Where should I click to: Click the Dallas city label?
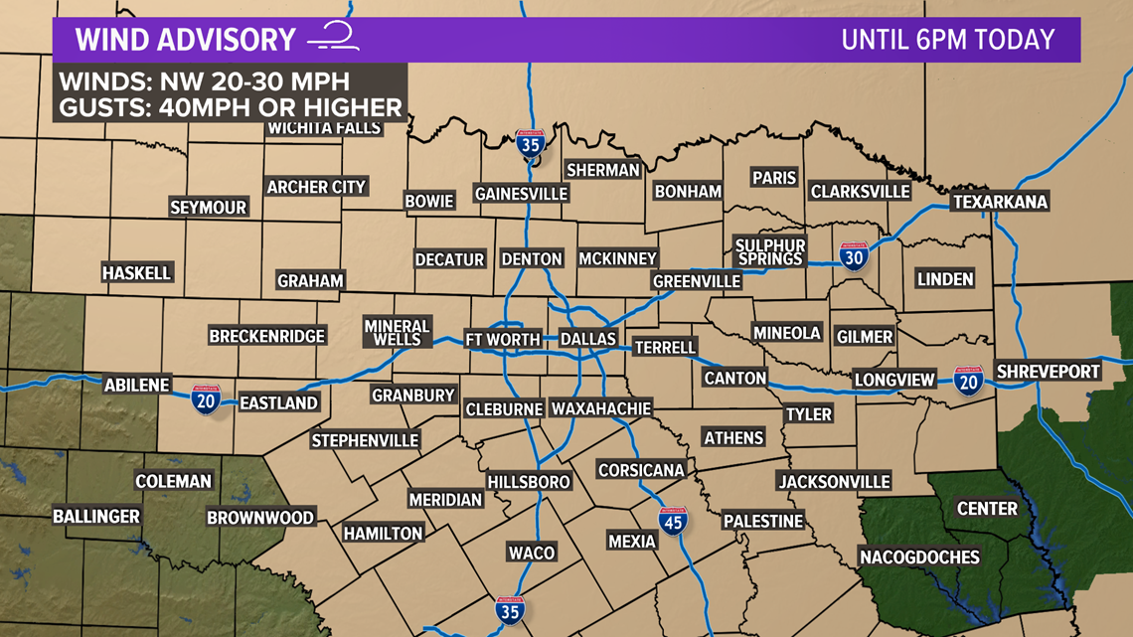click(x=588, y=339)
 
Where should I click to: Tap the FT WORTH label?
click(x=503, y=339)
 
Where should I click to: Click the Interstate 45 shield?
click(x=673, y=520)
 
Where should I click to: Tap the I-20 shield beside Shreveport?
click(x=968, y=381)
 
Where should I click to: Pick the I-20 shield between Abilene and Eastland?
click(x=206, y=399)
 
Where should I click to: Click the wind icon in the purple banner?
click(x=333, y=38)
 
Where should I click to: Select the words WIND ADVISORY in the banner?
click(x=186, y=40)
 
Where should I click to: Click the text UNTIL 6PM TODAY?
click(x=947, y=40)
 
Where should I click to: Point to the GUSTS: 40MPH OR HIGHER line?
click(x=230, y=107)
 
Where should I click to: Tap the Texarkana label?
click(x=1000, y=202)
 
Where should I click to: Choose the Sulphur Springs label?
click(x=770, y=251)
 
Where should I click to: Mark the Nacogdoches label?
click(x=919, y=557)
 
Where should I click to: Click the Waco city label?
click(x=532, y=553)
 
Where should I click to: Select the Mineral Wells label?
click(x=397, y=332)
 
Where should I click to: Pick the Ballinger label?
click(x=96, y=516)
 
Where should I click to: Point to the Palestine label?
click(x=762, y=521)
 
